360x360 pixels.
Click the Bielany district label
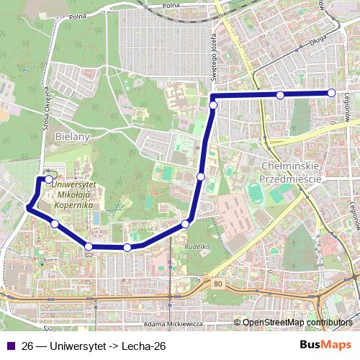[x=70, y=136]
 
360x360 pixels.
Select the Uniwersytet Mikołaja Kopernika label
[x=73, y=194]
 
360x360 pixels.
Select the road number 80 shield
[x=217, y=285]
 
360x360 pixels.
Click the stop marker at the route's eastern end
[x=332, y=92]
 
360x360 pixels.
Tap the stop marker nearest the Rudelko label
[x=185, y=225]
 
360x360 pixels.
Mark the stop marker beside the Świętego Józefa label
[x=213, y=106]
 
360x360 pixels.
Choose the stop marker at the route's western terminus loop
[x=48, y=179]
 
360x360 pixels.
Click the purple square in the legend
[x=10, y=346]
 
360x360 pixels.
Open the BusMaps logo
[x=326, y=345]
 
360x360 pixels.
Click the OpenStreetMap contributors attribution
[x=297, y=323]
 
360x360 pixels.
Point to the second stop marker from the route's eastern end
[x=280, y=95]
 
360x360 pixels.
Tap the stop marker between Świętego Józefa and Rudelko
[x=201, y=176]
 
